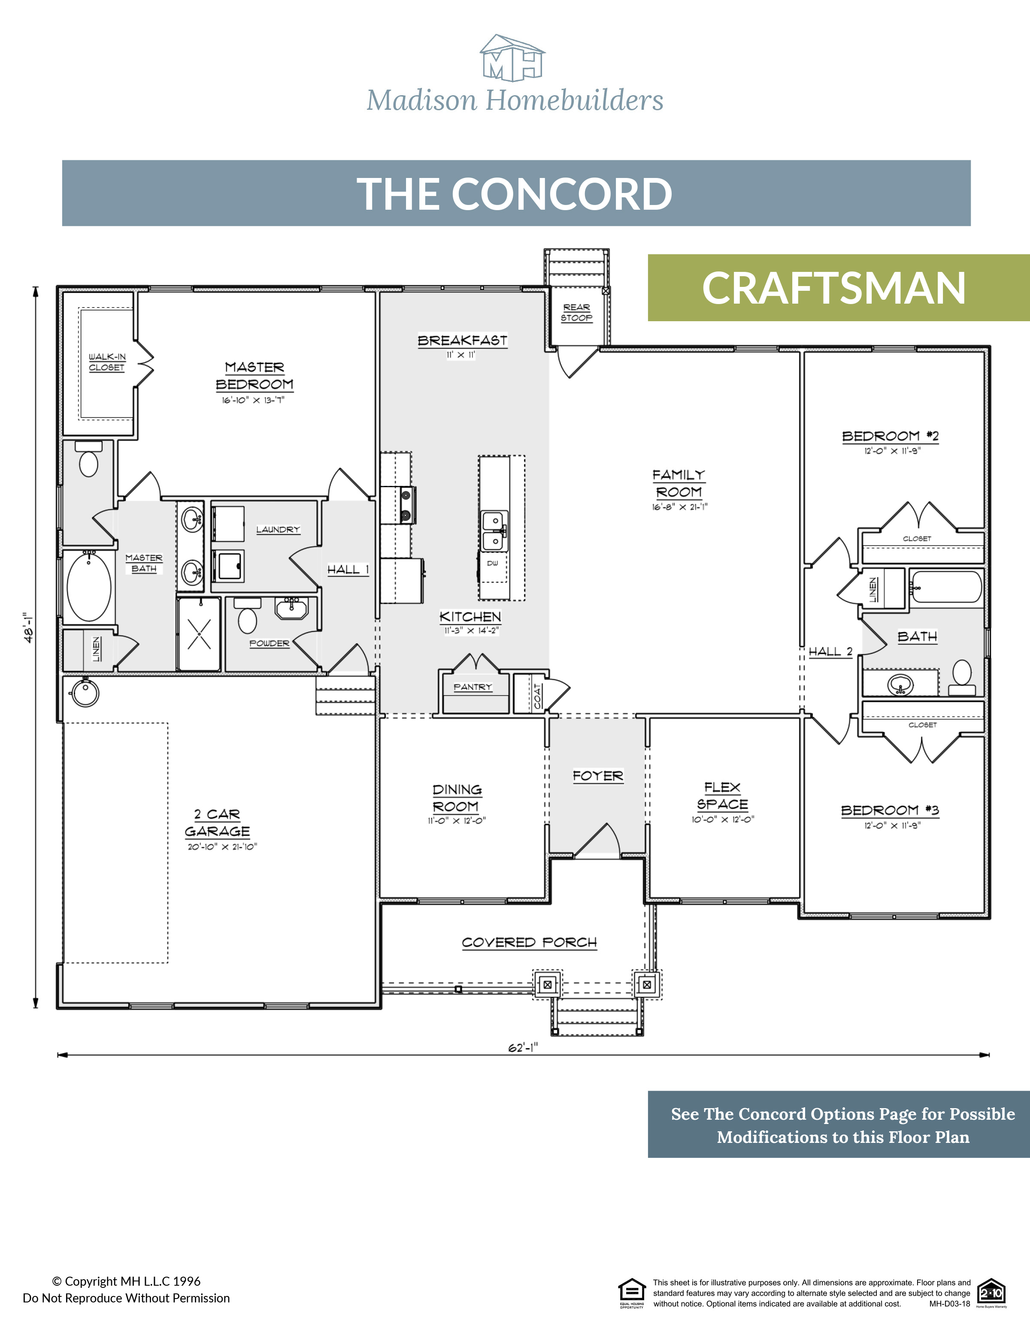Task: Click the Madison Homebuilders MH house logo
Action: (512, 59)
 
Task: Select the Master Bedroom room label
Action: (254, 376)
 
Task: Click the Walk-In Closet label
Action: (107, 362)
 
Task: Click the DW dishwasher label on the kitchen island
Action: (492, 563)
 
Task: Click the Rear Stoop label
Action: (577, 312)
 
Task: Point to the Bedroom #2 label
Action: (890, 436)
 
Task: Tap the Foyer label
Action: (597, 776)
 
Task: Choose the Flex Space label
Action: (722, 796)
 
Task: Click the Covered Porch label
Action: (529, 942)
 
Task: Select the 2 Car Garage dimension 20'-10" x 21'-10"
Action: (222, 847)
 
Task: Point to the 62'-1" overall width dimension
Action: (523, 1048)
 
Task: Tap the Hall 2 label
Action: (830, 651)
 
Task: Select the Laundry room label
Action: (278, 529)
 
